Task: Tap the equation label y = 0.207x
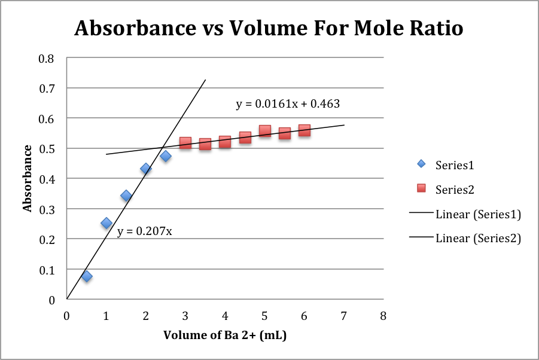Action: click(144, 231)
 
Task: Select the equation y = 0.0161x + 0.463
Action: click(288, 104)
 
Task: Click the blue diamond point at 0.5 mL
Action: click(87, 276)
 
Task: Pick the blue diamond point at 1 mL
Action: click(106, 223)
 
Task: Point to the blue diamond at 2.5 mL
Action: click(166, 156)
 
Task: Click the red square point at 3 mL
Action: click(185, 143)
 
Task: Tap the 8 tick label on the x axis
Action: click(383, 315)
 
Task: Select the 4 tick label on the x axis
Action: click(225, 315)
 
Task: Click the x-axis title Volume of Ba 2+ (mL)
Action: click(225, 335)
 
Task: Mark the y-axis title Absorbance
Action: click(27, 179)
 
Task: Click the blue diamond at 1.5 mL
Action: click(126, 196)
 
